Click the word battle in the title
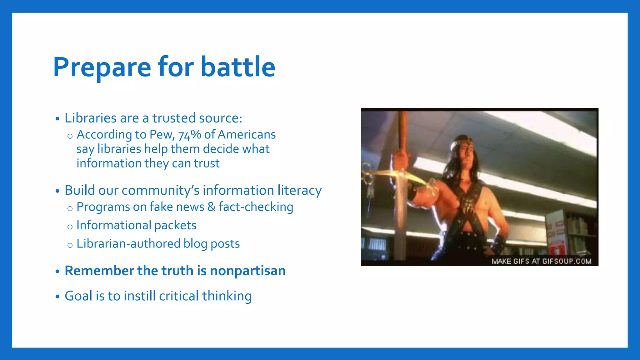[x=238, y=67]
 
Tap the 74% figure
[x=190, y=135]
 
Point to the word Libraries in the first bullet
[x=91, y=118]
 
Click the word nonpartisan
[x=248, y=271]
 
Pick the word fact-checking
[x=256, y=207]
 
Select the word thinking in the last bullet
[x=227, y=296]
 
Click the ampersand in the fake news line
[x=212, y=207]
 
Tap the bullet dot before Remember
[x=57, y=271]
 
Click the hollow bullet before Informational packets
[x=70, y=227]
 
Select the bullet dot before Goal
[x=57, y=297]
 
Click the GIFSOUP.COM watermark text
[x=567, y=261]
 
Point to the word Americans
[x=247, y=135]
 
